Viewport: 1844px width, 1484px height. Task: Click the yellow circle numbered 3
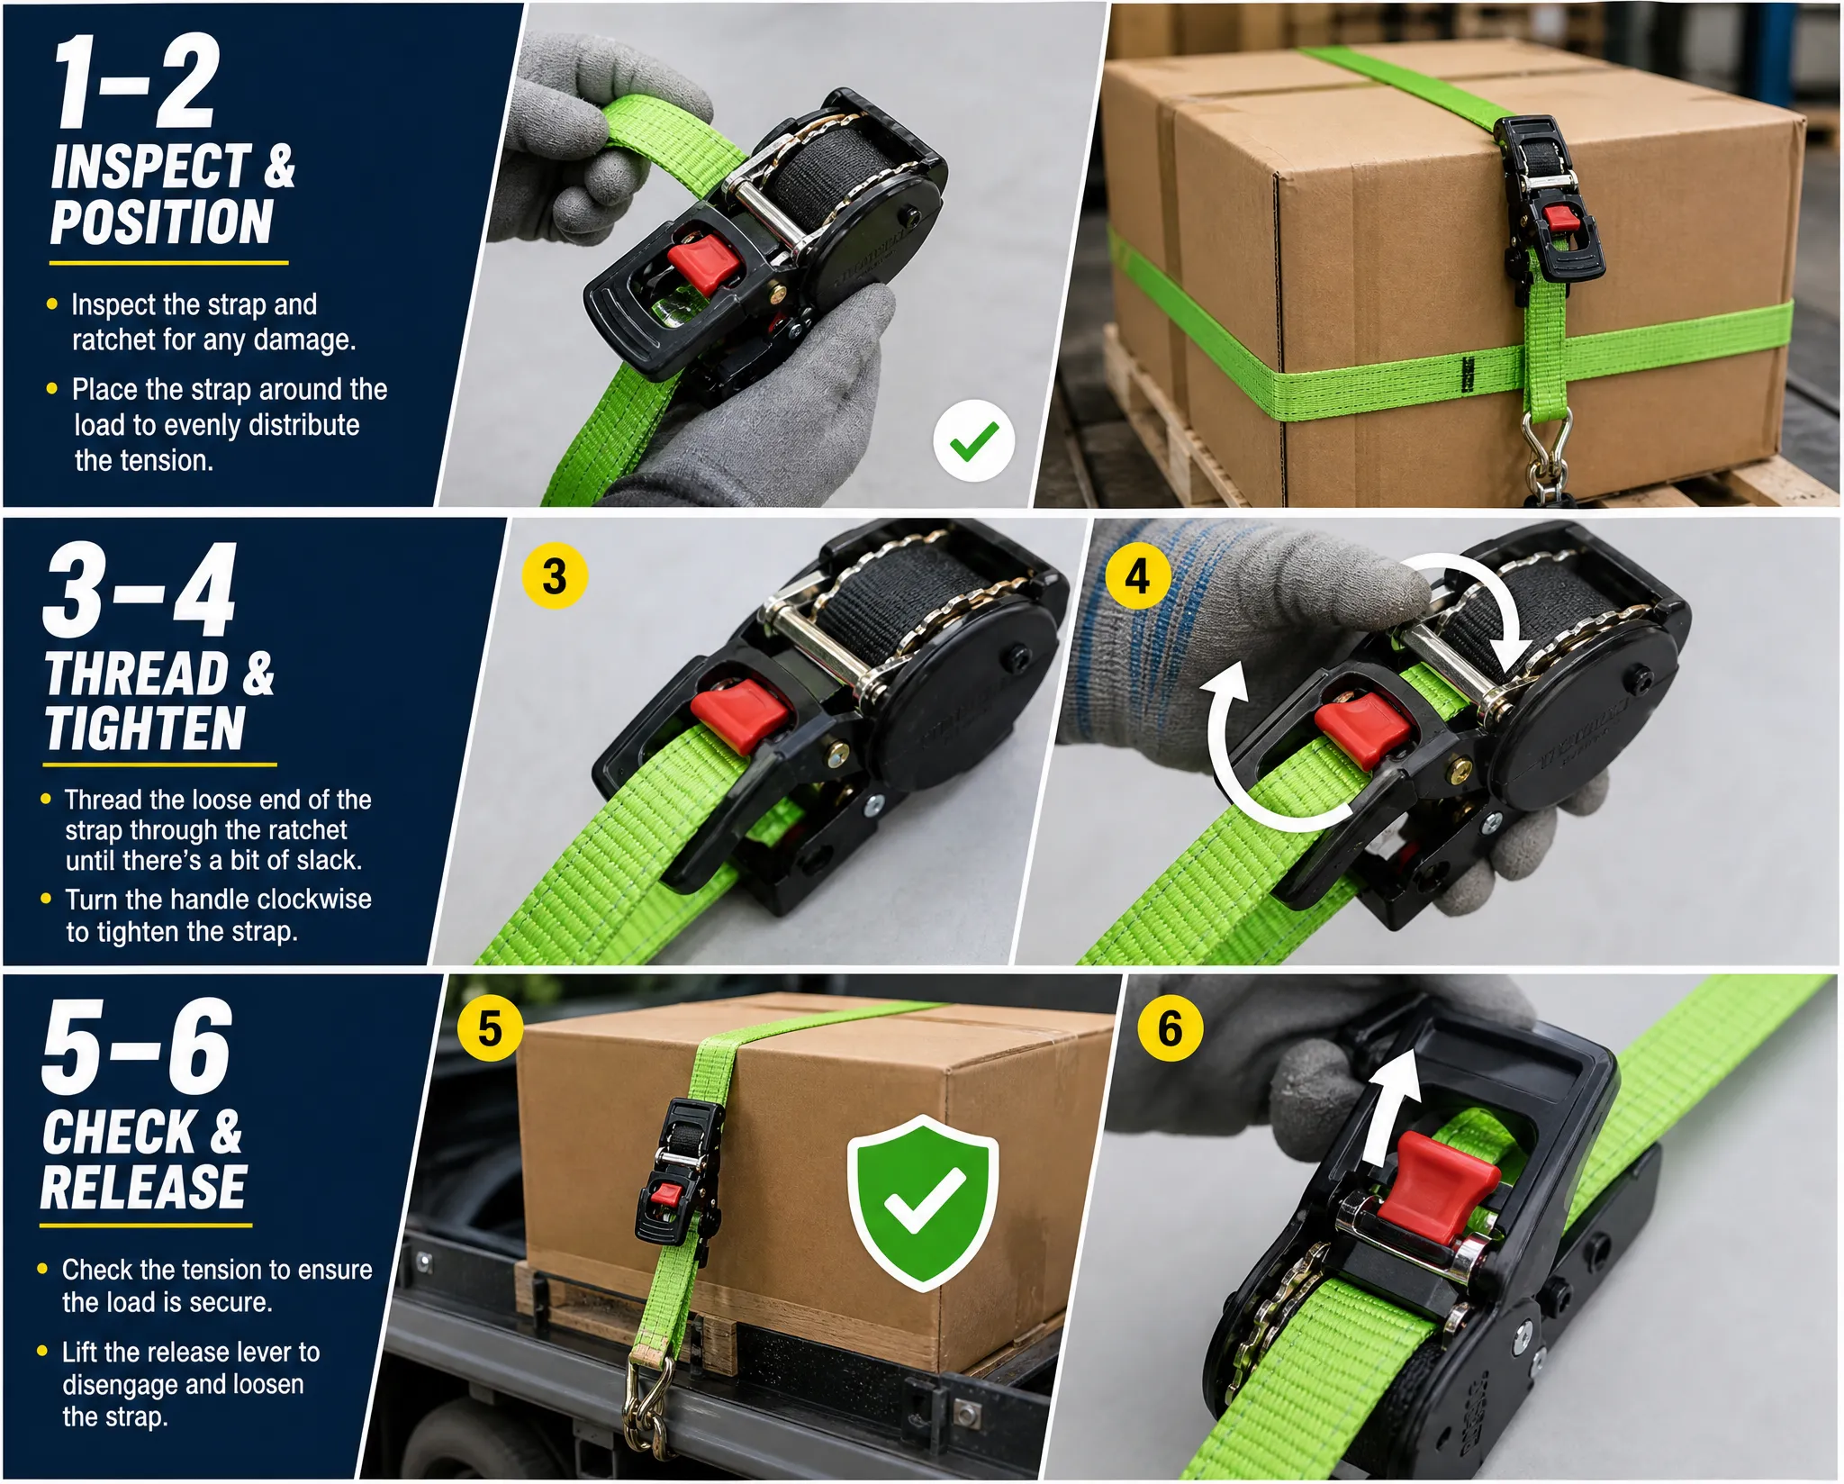tap(555, 576)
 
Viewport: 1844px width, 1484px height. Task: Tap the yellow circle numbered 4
tap(1137, 576)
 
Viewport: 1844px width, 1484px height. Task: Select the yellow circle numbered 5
tap(490, 1028)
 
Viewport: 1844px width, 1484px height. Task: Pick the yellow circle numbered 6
tap(1170, 1028)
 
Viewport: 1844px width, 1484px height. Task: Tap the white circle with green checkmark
tap(973, 440)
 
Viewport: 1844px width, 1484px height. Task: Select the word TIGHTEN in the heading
tap(145, 728)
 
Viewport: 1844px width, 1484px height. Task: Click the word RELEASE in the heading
tap(143, 1187)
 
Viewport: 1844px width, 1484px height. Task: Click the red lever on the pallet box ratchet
tap(1560, 218)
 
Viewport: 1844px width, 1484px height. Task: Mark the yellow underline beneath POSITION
tap(168, 263)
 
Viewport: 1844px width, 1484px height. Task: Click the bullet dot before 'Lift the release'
tap(42, 1351)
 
